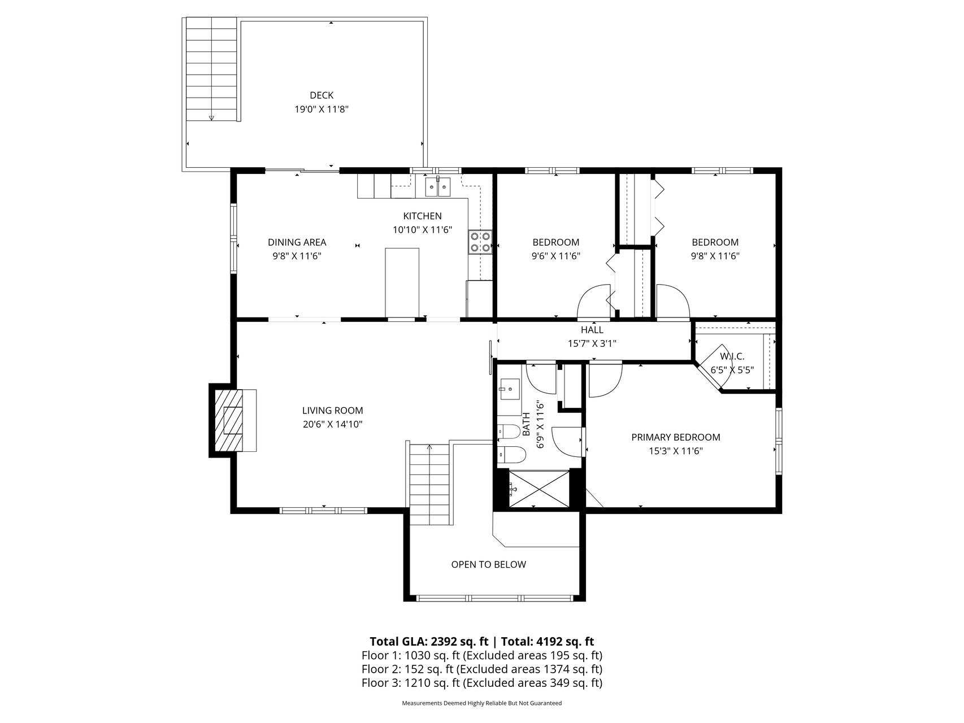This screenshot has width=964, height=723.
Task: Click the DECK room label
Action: tap(322, 95)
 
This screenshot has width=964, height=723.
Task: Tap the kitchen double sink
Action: tap(438, 186)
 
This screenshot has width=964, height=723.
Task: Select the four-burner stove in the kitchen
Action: tap(480, 242)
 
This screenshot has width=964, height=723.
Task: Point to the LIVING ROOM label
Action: tap(332, 411)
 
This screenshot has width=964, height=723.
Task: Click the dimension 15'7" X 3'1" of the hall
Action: tap(592, 343)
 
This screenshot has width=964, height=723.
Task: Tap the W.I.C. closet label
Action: tap(732, 356)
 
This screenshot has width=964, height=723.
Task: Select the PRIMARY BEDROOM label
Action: tap(676, 437)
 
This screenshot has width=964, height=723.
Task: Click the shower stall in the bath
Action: tap(539, 489)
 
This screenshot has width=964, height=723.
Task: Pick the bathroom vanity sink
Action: tap(509, 389)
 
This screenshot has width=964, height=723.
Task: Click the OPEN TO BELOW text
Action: tap(488, 564)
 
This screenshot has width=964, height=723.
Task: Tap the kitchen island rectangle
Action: tap(402, 283)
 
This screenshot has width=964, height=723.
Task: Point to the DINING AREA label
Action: tap(297, 242)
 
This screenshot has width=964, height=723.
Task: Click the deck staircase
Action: tap(211, 69)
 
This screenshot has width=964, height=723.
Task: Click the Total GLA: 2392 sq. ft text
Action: tap(429, 642)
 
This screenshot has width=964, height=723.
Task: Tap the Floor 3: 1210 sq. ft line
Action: tap(481, 683)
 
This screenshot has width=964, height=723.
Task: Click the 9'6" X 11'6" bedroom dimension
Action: tap(556, 255)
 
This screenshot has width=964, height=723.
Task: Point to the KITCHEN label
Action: tap(422, 216)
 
